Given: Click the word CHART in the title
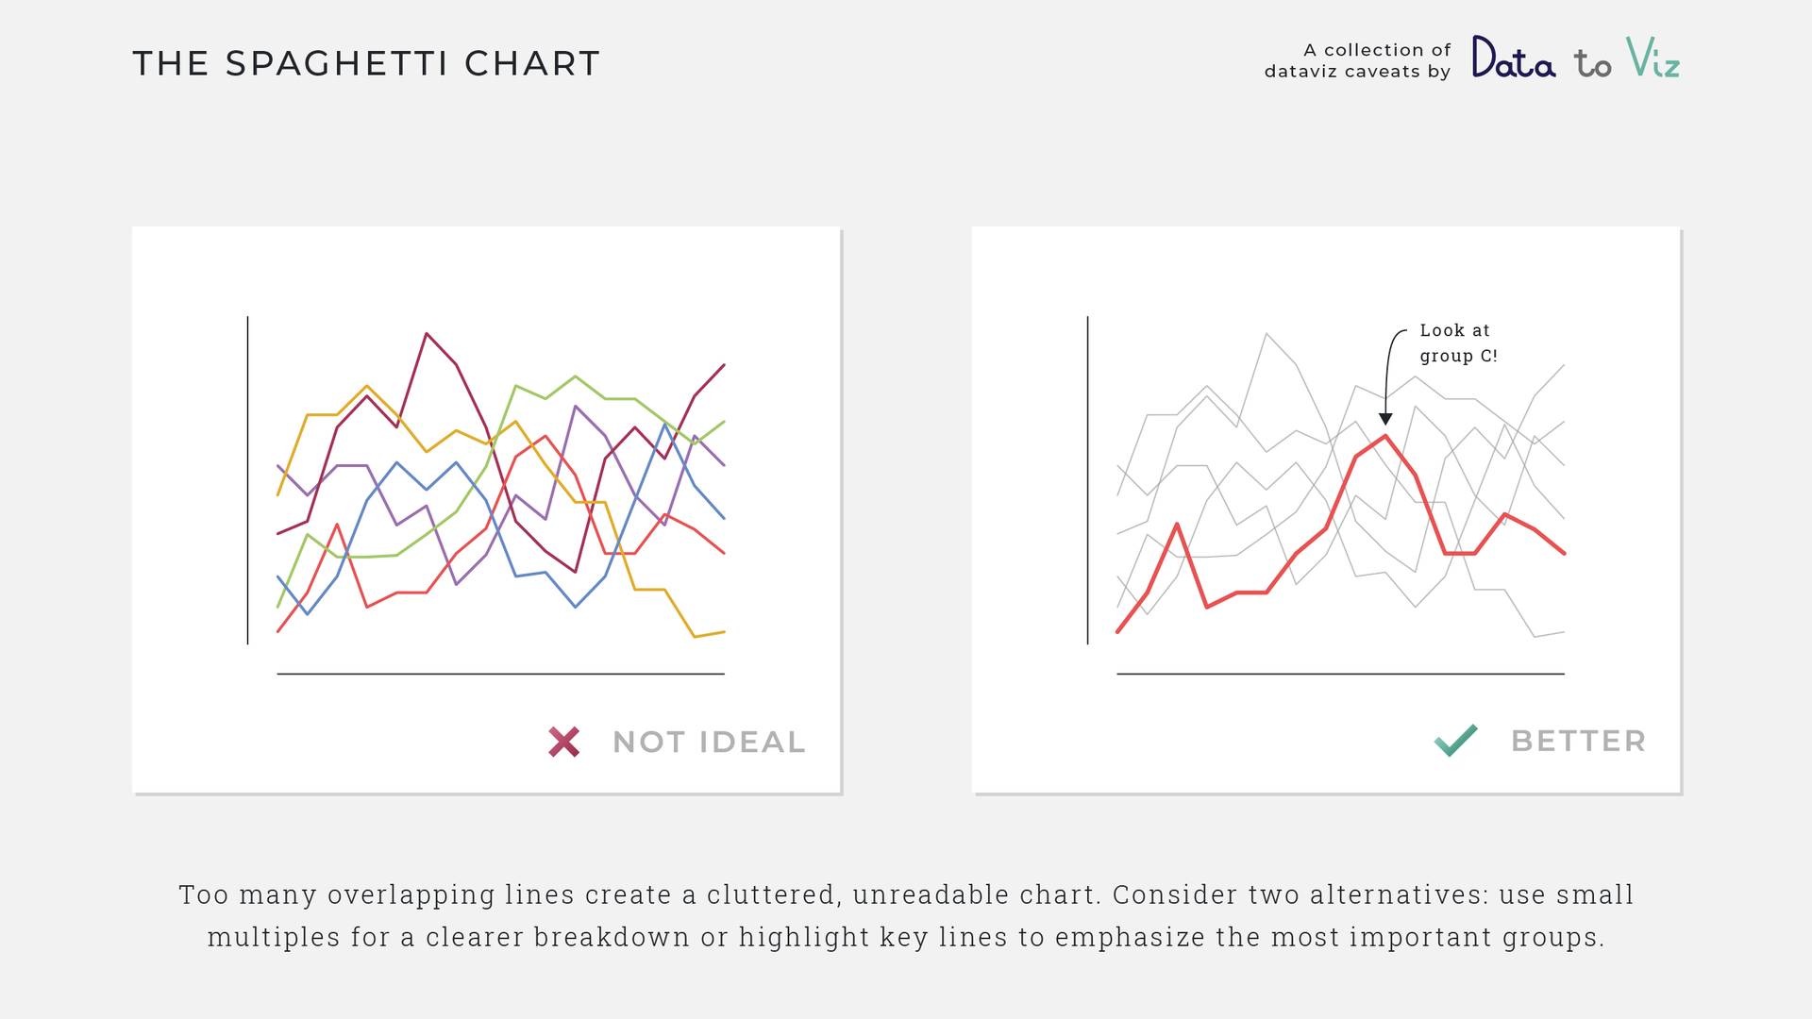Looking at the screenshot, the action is (x=532, y=64).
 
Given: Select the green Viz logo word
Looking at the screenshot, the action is (x=1653, y=57).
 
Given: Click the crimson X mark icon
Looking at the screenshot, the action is (x=564, y=742).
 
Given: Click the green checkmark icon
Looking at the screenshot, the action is (x=1455, y=741).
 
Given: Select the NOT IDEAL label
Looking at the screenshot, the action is (x=709, y=743).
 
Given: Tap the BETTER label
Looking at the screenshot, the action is (x=1579, y=742).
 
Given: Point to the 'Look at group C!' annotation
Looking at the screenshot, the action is (x=1458, y=342).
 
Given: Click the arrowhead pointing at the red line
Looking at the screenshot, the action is (x=1385, y=419).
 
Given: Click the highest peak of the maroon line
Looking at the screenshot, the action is (x=427, y=333).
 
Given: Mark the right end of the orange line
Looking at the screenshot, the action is (x=724, y=631).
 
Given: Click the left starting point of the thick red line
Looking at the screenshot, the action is (x=1118, y=631).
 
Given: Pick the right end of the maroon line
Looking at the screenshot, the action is (x=724, y=364).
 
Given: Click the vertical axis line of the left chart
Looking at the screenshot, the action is (x=248, y=480).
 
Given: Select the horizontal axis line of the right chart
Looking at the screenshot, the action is (x=1340, y=674).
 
